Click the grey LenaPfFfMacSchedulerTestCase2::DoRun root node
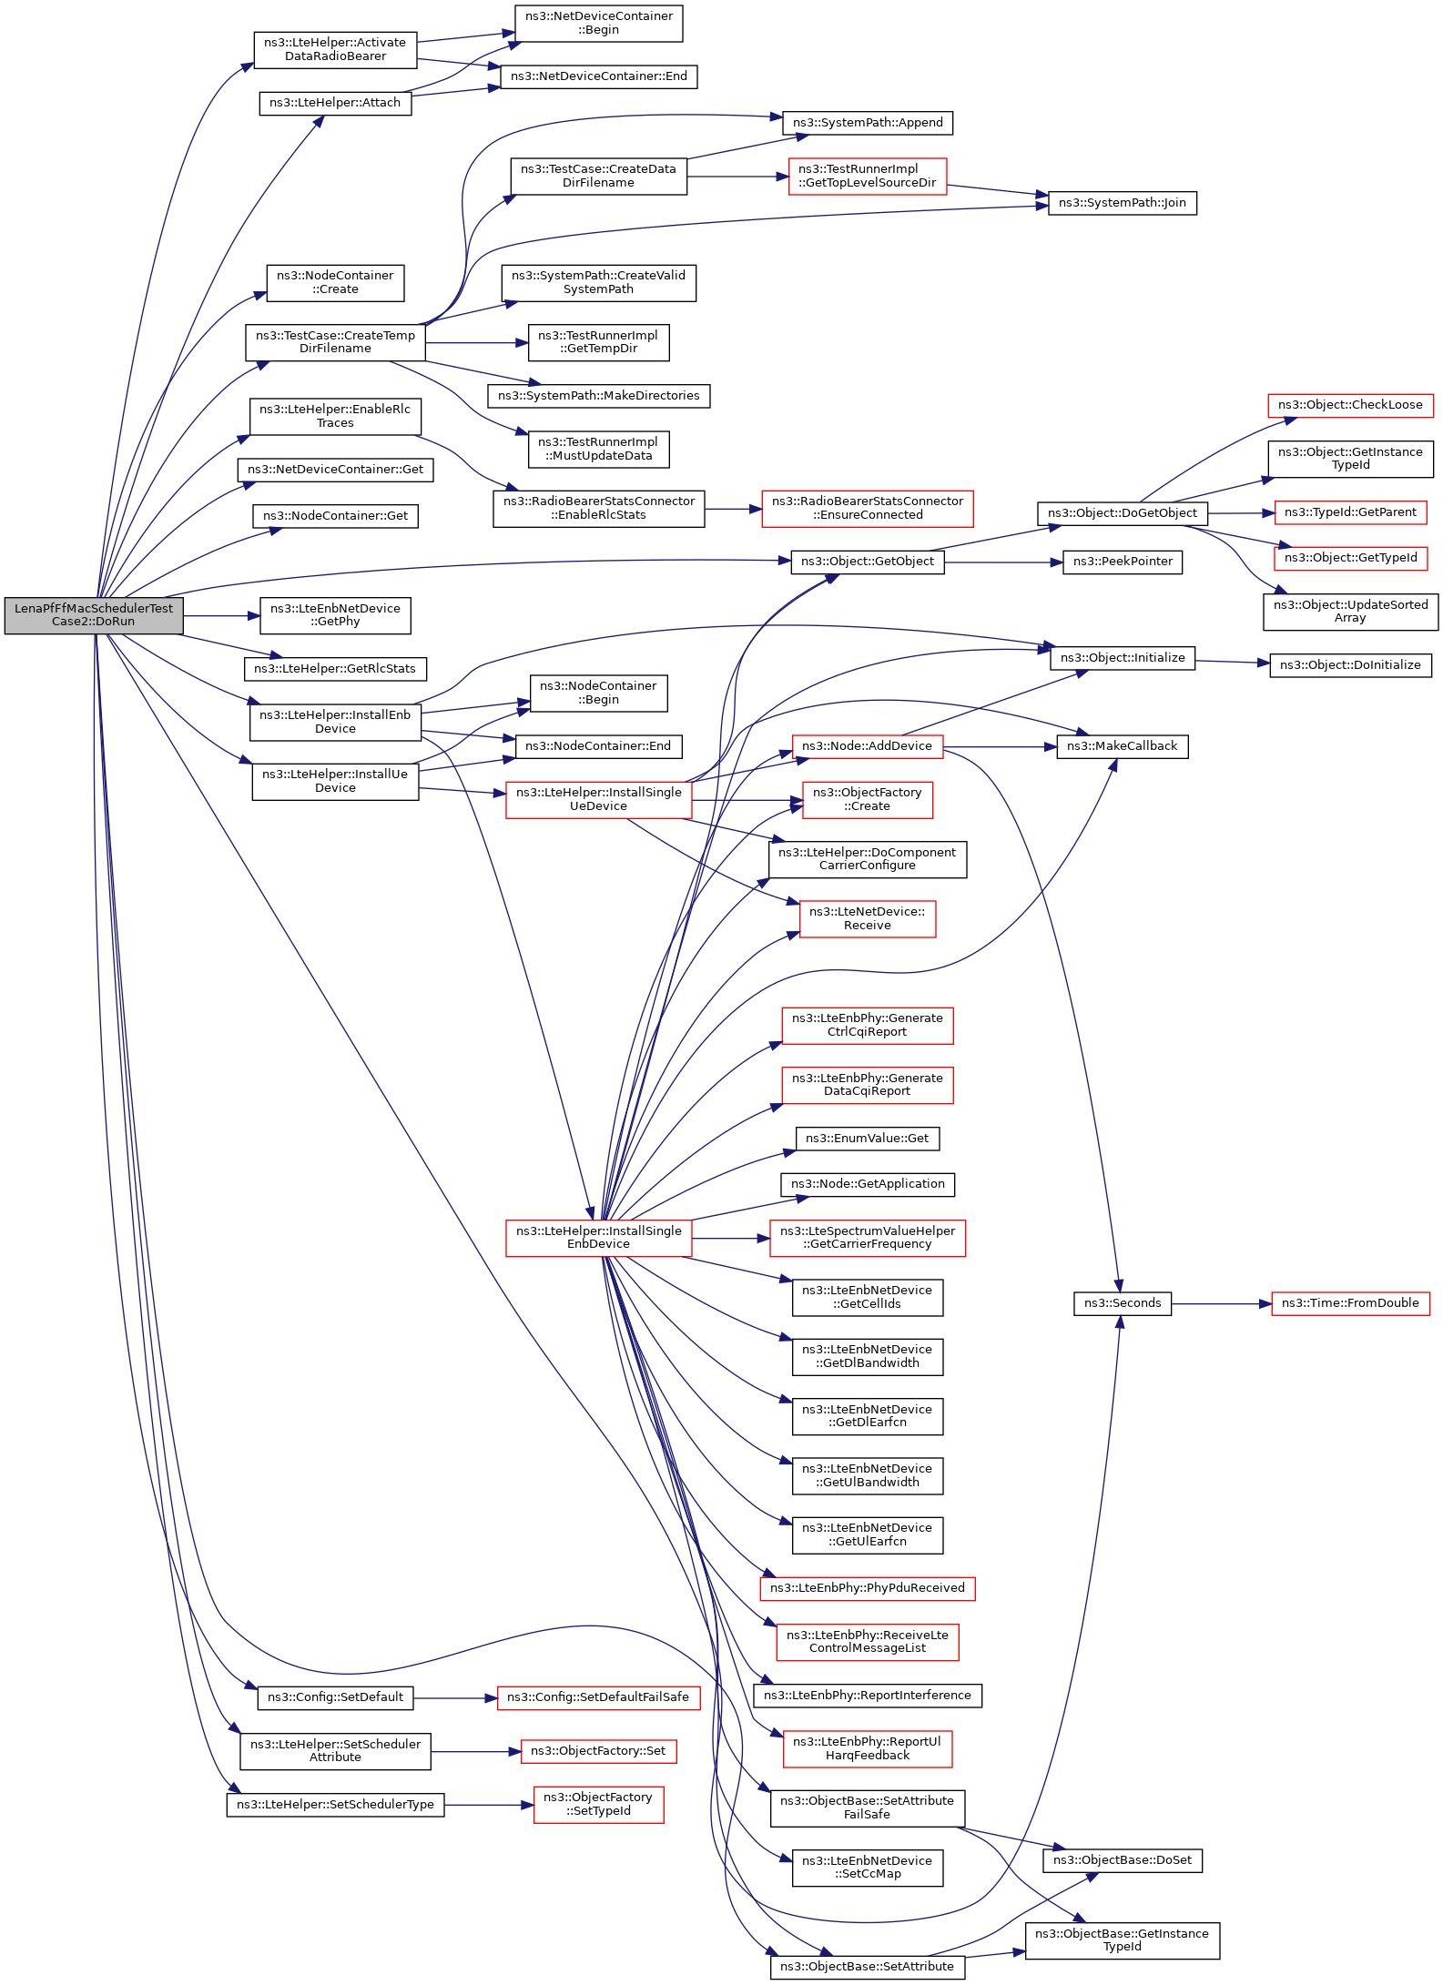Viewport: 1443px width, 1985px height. click(x=94, y=615)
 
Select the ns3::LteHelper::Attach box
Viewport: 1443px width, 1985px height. click(x=335, y=103)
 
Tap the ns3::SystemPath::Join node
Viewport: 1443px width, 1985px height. click(x=1122, y=203)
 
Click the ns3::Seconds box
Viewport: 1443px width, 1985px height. click(x=1122, y=1303)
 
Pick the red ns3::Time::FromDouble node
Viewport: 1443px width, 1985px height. click(x=1350, y=1303)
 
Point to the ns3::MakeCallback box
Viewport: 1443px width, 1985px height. click(x=1122, y=746)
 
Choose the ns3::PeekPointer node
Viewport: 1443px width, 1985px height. click(x=1123, y=562)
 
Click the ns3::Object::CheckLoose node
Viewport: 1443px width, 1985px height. click(x=1350, y=405)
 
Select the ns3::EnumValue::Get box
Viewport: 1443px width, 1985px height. click(x=867, y=1139)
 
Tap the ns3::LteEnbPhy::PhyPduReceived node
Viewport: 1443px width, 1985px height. click(x=867, y=1588)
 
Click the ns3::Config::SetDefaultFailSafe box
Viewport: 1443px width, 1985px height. click(x=598, y=1697)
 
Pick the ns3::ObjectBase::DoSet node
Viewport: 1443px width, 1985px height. click(x=1122, y=1860)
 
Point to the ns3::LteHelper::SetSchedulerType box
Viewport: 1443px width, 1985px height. click(x=335, y=1805)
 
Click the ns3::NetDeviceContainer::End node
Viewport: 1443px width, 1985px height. click(x=598, y=76)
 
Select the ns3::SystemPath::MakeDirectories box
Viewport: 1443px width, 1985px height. click(x=598, y=396)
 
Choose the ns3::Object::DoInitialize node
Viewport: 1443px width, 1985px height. click(x=1350, y=665)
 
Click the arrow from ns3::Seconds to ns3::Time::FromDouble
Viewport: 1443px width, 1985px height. click(x=1221, y=1304)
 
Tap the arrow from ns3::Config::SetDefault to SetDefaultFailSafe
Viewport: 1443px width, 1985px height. click(x=455, y=1698)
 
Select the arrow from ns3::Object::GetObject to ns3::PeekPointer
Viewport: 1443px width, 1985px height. click(x=1003, y=562)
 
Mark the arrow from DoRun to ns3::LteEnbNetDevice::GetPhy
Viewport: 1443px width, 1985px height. click(x=221, y=616)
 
